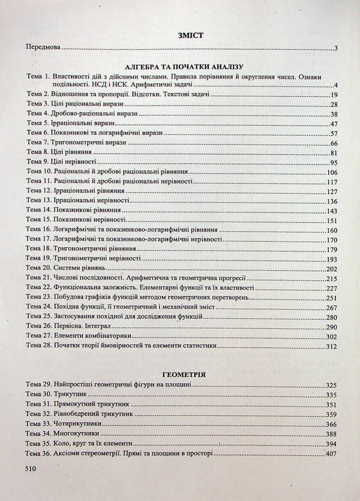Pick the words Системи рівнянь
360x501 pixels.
point(80,268)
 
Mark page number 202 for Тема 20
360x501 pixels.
point(334,268)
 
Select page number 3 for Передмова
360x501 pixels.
point(338,49)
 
